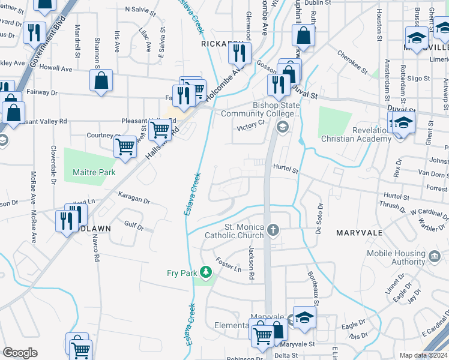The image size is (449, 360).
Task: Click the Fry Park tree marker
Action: (206, 273)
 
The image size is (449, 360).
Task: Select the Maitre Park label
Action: (94, 172)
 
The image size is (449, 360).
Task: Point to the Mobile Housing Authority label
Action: (396, 257)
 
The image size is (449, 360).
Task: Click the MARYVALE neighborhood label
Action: (360, 232)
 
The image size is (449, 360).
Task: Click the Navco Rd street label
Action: (95, 248)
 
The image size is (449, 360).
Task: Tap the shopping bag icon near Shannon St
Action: (101, 81)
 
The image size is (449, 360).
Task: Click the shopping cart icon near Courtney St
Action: (125, 146)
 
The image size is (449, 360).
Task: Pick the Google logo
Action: (20, 353)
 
